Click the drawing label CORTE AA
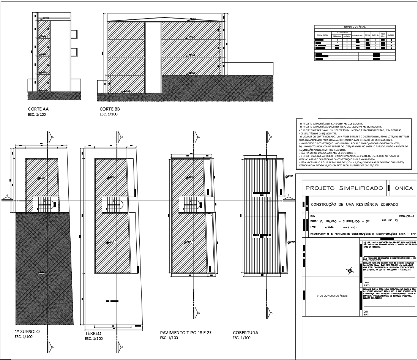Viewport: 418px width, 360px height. (38, 109)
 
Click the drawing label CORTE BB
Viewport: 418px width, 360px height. (110, 109)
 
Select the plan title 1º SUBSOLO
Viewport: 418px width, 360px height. (27, 332)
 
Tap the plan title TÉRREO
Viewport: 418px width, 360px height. (93, 333)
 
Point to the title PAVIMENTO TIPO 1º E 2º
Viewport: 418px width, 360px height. (186, 333)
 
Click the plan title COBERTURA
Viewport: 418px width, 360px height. (245, 333)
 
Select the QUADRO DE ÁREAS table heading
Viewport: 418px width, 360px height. (355, 27)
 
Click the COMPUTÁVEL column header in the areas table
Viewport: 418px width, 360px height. (358, 35)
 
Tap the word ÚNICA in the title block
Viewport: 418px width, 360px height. (403, 188)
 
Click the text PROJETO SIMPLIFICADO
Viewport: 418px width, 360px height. (344, 188)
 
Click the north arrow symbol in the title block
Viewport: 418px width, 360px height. (350, 271)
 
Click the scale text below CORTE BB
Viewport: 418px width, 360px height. (109, 114)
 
